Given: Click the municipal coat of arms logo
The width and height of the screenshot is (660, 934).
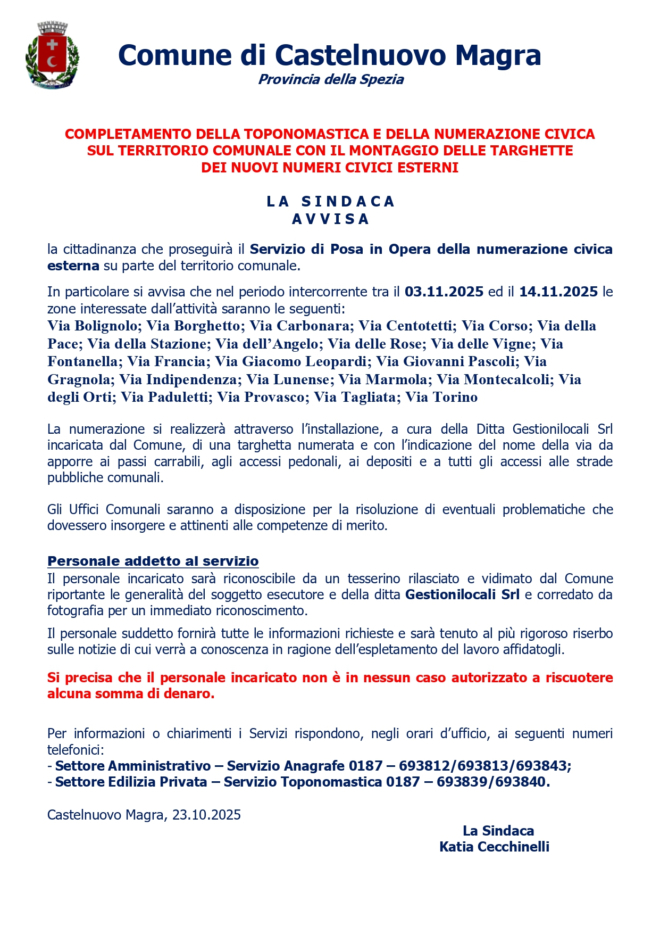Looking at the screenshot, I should tap(52, 55).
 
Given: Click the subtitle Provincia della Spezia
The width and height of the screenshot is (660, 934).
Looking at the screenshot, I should tap(331, 80).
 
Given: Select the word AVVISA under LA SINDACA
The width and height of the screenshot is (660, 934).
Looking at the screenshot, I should tap(330, 219).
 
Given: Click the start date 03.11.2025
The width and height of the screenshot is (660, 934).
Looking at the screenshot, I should tap(444, 292).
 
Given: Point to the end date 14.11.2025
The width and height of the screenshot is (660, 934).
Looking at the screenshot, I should tap(558, 292).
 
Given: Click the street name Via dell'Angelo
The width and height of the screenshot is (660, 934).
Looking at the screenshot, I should tap(266, 344).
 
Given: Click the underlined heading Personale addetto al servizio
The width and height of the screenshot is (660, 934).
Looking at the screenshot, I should tap(153, 561).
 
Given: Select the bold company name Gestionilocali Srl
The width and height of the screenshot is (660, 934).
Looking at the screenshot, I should tap(462, 594).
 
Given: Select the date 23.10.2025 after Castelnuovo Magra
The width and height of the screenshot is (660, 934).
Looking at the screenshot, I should tap(206, 815).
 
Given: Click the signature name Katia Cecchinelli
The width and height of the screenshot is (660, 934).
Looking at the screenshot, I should tap(494, 847).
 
